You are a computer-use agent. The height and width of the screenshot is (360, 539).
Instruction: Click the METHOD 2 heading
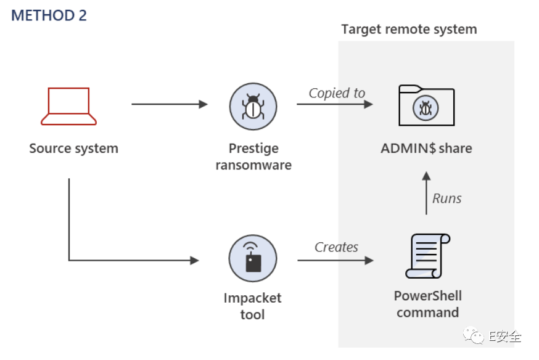49,15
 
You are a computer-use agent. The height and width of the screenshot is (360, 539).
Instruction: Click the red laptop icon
68,106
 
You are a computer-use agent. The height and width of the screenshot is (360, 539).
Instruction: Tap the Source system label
73,149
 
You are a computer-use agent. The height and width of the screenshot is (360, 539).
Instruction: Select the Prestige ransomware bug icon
253,107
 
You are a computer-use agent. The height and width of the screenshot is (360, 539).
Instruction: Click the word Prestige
253,149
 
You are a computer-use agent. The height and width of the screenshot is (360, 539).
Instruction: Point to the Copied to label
337,93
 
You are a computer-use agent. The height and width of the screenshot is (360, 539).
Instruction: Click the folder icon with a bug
426,106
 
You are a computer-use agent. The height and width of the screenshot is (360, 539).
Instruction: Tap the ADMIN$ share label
426,149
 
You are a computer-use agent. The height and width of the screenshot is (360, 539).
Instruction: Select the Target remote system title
409,29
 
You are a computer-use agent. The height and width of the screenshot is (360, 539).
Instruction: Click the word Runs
447,198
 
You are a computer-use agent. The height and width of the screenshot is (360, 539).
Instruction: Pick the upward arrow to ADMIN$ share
426,193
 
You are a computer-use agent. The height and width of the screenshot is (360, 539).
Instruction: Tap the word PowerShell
428,296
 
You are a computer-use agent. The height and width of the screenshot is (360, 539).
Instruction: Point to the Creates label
336,247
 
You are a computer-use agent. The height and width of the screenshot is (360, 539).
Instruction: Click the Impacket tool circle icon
253,258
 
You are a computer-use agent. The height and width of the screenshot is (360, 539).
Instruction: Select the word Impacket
252,298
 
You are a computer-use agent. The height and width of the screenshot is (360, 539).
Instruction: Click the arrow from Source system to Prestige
170,104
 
